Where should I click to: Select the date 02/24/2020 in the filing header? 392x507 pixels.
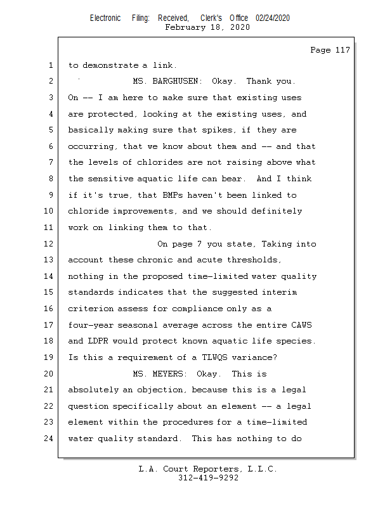pos(273,18)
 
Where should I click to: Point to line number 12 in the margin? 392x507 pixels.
pos(49,244)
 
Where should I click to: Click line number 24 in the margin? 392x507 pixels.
pos(49,439)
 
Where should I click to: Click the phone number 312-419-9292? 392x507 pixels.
pos(208,478)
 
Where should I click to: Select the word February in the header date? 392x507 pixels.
pos(185,28)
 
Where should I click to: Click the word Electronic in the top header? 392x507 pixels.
pos(105,18)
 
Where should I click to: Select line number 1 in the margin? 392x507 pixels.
pos(49,65)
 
